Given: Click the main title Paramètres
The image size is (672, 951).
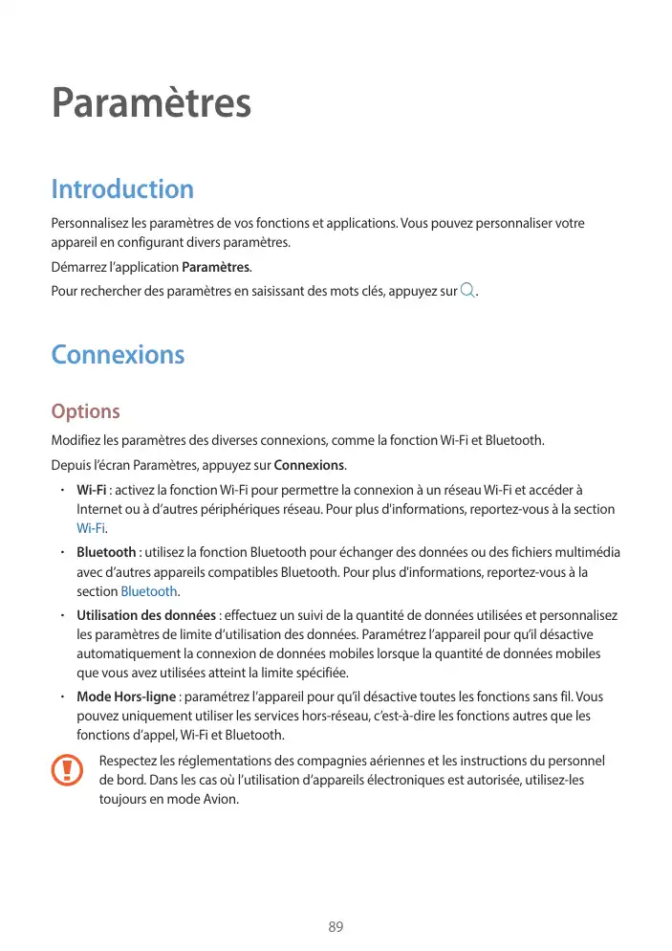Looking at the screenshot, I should pyautogui.click(x=151, y=104).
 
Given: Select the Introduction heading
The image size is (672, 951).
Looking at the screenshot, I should pyautogui.click(x=122, y=188).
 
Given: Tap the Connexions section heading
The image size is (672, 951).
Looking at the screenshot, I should pyautogui.click(x=118, y=355).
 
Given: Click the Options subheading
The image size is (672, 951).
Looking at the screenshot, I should pyautogui.click(x=86, y=412).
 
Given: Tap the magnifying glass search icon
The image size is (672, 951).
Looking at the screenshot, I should pyautogui.click(x=466, y=290).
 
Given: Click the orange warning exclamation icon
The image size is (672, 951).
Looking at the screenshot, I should pyautogui.click(x=67, y=769).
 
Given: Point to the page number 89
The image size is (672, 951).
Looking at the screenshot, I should pyautogui.click(x=336, y=927).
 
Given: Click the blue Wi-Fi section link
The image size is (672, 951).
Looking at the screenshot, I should pyautogui.click(x=91, y=529).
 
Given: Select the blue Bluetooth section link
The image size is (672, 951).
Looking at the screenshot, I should pyautogui.click(x=149, y=591).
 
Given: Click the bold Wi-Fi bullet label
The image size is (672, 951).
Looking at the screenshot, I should pyautogui.click(x=91, y=490).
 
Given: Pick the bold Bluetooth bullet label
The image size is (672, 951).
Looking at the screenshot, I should pyautogui.click(x=106, y=553).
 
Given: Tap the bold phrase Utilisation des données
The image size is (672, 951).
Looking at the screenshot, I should pyautogui.click(x=145, y=615).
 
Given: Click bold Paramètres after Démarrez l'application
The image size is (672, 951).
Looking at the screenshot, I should pyautogui.click(x=216, y=267).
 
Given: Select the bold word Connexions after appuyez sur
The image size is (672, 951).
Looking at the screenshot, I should pyautogui.click(x=309, y=466).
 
